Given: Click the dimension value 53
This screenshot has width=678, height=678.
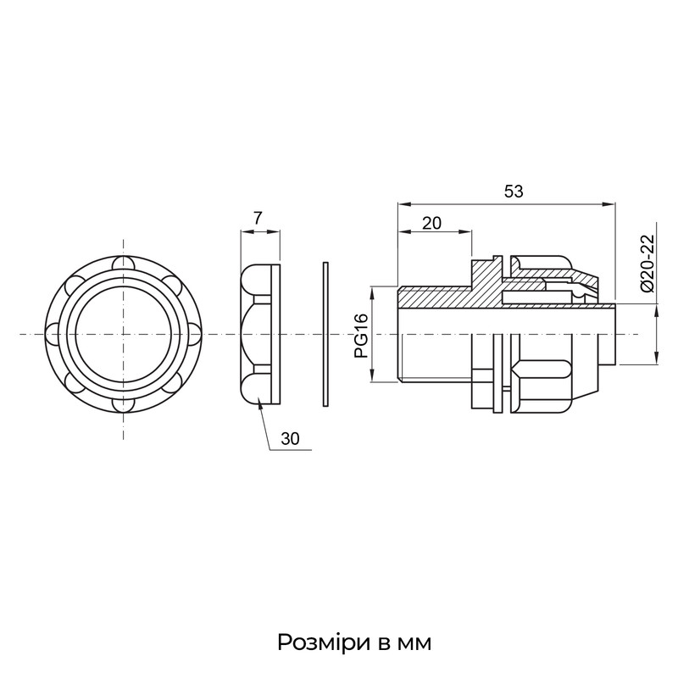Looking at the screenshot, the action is coord(514,192).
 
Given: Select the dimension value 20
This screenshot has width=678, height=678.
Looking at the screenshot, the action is coord(431,223).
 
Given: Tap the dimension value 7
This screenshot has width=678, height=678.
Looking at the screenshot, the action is coord(258,219).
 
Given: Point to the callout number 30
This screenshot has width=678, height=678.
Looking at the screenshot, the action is coord(290,439).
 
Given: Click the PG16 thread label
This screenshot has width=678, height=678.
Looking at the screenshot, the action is coord(361,336).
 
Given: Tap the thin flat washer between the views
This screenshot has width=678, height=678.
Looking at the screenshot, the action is coord(325,334).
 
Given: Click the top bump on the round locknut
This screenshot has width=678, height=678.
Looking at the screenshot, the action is coord(123,264).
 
